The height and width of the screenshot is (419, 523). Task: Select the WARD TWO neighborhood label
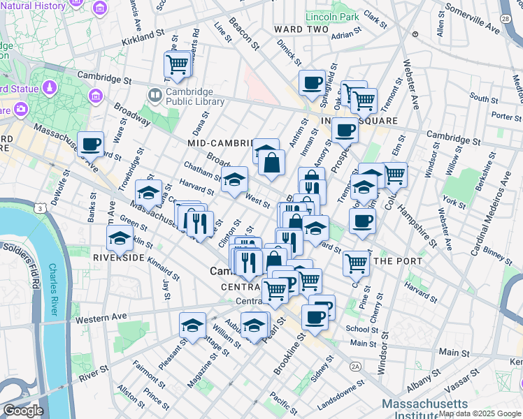pos(301,29)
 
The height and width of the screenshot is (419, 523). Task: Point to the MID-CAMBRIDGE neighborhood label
pos(221,143)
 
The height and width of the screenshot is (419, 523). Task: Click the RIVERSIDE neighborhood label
pos(118,258)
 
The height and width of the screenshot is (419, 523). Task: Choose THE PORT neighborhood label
pos(398,261)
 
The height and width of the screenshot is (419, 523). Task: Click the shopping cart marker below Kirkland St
pos(178,65)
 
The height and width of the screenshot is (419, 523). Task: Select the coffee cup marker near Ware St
pos(90,144)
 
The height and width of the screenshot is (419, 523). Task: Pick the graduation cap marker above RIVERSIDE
pos(120,238)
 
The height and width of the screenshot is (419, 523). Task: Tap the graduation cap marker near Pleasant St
pos(192,325)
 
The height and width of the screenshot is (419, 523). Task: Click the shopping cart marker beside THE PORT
pos(357,263)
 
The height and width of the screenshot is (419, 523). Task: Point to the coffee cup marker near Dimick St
pos(313,83)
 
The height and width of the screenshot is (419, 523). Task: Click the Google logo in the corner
pos(23,411)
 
